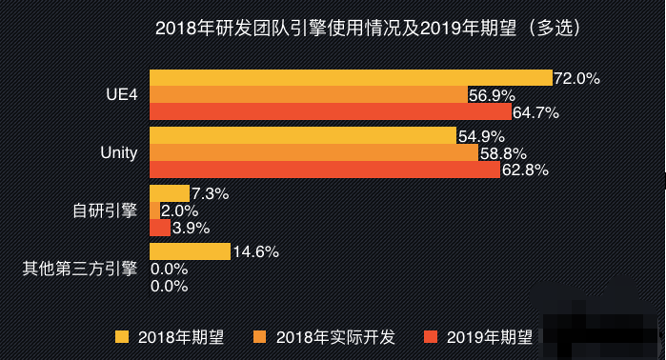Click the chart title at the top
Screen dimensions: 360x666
pos(367,29)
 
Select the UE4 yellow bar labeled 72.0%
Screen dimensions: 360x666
pos(351,78)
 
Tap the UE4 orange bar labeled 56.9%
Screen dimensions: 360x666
pos(309,95)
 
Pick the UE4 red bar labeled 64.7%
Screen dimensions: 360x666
pos(331,111)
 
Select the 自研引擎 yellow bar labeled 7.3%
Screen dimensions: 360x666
pos(170,193)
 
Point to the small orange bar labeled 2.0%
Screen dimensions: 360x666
pos(155,210)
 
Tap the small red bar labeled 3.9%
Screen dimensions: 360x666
pos(160,228)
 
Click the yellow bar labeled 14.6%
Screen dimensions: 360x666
pos(190,251)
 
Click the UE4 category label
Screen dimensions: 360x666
pos(121,95)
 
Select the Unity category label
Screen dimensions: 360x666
pos(119,152)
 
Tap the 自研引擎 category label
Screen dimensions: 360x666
pos(106,210)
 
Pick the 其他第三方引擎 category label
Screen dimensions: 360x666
pos(80,269)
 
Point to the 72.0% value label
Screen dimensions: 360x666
pos(576,79)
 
